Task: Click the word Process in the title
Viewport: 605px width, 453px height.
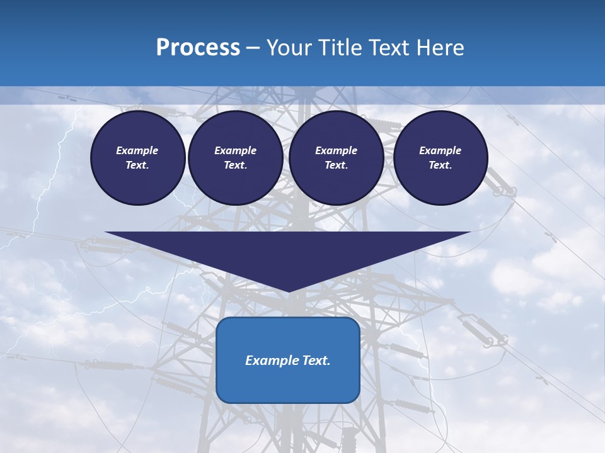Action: [x=198, y=47]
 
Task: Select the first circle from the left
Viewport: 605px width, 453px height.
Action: [x=138, y=158]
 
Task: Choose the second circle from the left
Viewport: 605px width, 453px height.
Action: [x=236, y=158]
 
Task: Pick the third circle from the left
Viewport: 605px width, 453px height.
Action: [x=337, y=158]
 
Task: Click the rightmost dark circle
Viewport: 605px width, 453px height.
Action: [x=441, y=158]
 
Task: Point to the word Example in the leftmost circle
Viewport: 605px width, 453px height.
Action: [x=137, y=150]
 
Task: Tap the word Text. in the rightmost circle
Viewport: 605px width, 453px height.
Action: [x=441, y=165]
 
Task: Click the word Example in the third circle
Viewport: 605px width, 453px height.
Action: [x=337, y=150]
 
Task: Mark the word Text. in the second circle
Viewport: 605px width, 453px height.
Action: [x=236, y=165]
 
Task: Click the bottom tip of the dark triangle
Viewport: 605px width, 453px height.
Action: [x=288, y=290]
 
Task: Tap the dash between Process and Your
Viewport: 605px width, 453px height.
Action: [x=253, y=47]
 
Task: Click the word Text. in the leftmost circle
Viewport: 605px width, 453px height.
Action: [x=137, y=165]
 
